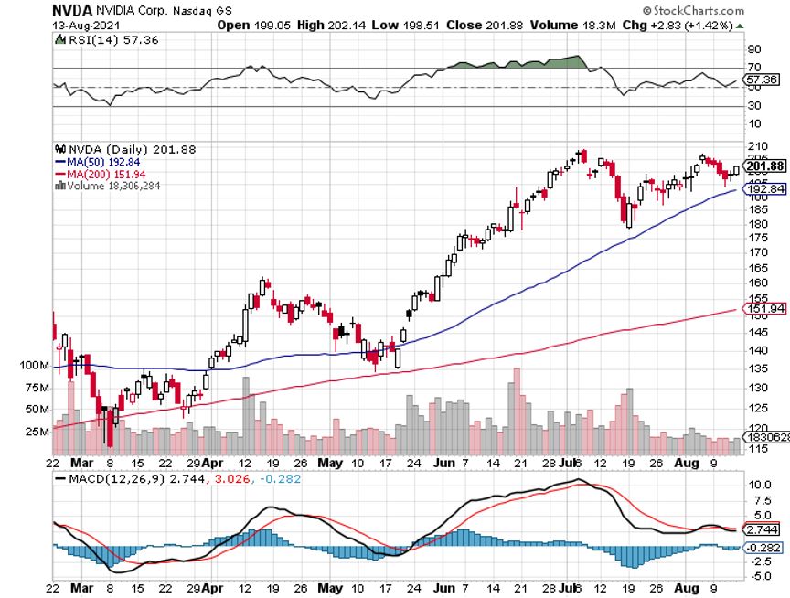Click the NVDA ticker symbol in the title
tap(70, 10)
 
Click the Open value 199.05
tap(276, 25)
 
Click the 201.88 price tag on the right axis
tap(766, 166)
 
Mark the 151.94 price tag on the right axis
tap(766, 309)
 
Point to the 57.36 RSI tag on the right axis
tap(763, 80)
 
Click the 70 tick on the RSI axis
tap(754, 68)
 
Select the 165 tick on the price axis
tap(757, 269)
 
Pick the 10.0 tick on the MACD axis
tap(759, 485)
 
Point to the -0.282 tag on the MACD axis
tap(764, 548)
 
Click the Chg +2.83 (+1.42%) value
tap(695, 25)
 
